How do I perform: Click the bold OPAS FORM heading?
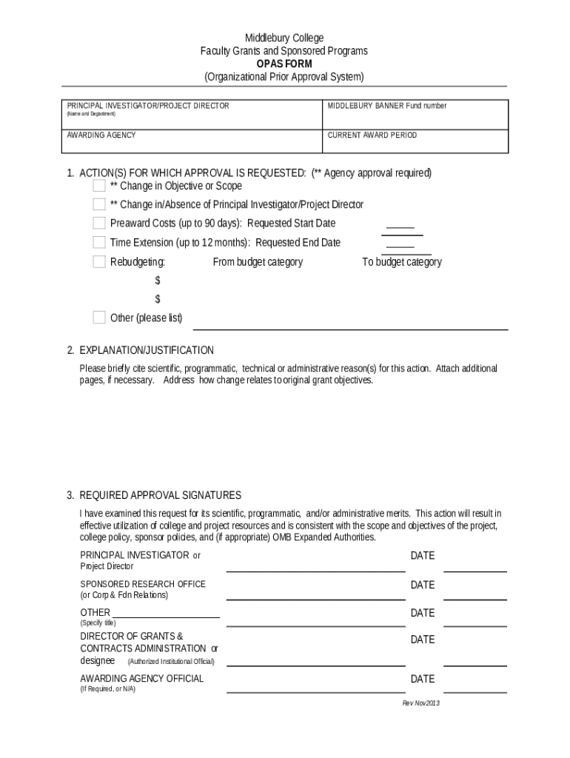(x=284, y=64)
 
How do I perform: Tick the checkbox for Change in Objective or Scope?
(x=99, y=186)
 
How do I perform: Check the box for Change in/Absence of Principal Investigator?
(x=99, y=204)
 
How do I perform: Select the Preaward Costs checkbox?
(x=99, y=223)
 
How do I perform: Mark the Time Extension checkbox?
(x=99, y=242)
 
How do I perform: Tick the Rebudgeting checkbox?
(x=99, y=261)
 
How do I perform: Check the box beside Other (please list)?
(x=99, y=318)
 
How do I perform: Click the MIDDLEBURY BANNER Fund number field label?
(x=387, y=106)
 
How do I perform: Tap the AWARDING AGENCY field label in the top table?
(x=101, y=135)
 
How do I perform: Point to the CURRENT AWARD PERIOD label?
(x=372, y=135)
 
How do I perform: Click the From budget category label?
(x=258, y=262)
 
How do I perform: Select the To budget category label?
(x=401, y=262)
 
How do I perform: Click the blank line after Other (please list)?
(x=350, y=328)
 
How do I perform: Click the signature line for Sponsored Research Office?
(x=315, y=598)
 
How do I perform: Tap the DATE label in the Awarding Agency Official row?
(x=423, y=679)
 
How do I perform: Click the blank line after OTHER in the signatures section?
(x=166, y=616)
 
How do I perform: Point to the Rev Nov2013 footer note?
(x=420, y=703)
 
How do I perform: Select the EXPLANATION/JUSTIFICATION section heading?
(x=147, y=350)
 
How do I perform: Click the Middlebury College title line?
(x=284, y=38)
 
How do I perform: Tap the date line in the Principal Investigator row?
(x=475, y=571)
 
